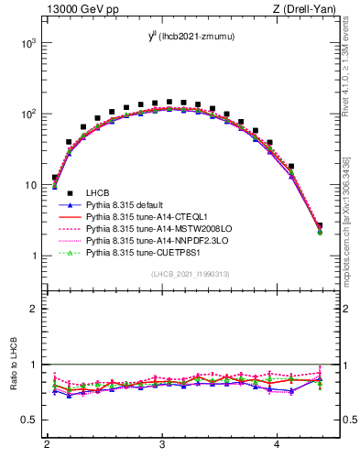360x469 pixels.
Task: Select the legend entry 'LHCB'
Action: point(98,191)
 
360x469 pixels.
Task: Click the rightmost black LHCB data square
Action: point(320,225)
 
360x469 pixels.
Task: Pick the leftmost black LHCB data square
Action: point(55,178)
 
